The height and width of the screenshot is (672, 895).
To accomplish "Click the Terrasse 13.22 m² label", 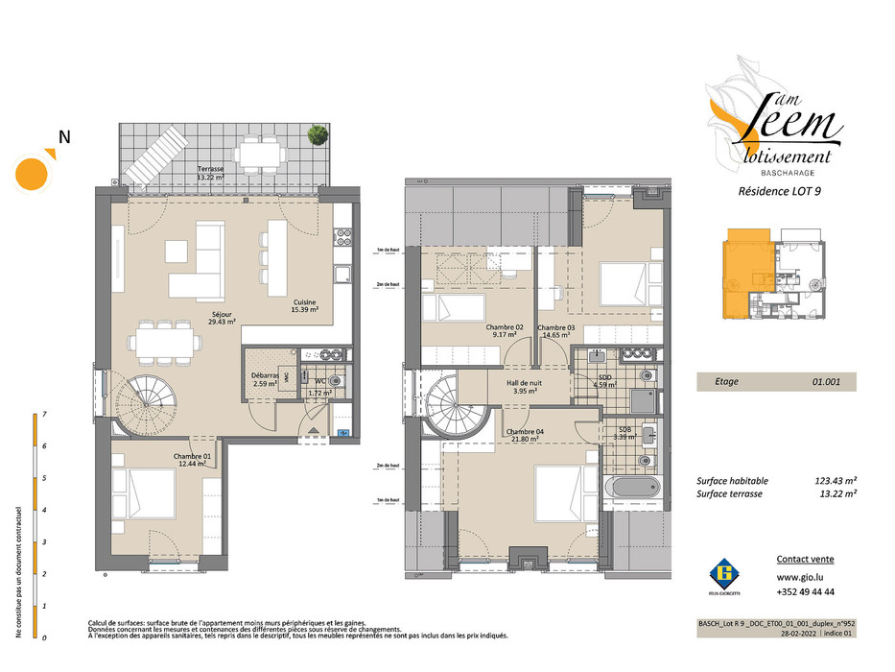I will tap(210, 173).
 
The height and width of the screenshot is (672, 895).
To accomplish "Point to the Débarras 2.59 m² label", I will tap(265, 379).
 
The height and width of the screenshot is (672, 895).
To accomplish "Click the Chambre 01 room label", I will tap(193, 461).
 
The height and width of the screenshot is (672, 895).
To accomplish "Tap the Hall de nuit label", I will tap(525, 387).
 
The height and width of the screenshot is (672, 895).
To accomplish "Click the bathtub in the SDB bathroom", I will tap(634, 489).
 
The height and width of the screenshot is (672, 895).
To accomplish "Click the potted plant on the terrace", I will tap(315, 135).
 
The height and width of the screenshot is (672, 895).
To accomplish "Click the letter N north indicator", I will tap(64, 137).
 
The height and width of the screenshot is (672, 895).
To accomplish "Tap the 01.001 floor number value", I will tap(825, 381).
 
